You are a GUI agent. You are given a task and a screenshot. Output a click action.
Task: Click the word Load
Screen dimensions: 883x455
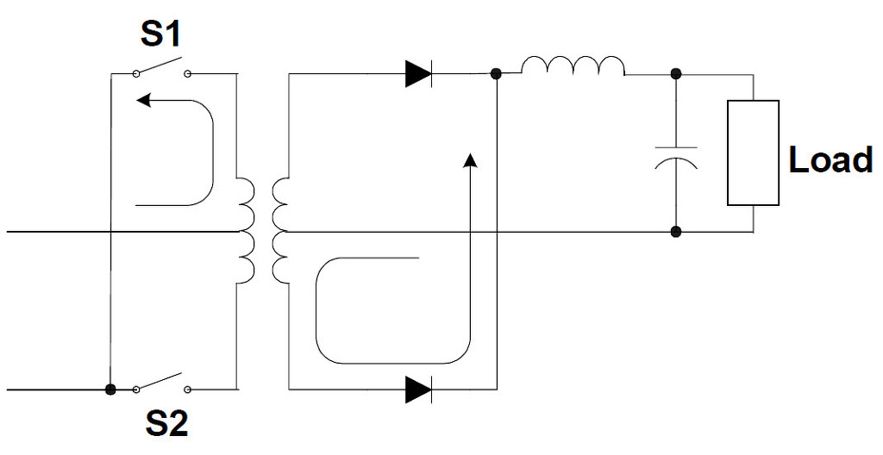[830, 159]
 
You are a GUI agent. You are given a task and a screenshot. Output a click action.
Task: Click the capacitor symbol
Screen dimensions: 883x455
[676, 158]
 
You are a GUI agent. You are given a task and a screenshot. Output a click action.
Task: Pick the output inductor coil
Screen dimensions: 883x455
[573, 65]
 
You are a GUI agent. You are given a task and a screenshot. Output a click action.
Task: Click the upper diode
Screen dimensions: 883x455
[418, 73]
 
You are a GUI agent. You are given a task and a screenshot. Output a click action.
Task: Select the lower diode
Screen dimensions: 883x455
[418, 390]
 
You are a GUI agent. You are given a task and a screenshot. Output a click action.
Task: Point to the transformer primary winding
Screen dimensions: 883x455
[246, 231]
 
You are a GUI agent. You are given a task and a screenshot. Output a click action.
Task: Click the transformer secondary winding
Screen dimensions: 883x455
[280, 231]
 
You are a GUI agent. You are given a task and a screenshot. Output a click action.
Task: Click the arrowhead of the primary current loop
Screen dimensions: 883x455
[144, 100]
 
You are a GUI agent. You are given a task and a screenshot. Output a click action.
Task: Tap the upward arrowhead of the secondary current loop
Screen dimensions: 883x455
[470, 159]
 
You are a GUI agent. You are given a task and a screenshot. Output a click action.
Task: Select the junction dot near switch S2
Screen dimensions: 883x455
[110, 390]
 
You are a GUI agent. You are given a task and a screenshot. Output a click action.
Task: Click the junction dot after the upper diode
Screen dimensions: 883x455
[496, 73]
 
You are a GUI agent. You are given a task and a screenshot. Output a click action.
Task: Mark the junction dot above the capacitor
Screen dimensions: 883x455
[676, 73]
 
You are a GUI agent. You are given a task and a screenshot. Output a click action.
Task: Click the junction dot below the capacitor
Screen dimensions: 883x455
[676, 232]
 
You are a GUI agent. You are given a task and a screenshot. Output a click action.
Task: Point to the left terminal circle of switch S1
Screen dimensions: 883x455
[135, 73]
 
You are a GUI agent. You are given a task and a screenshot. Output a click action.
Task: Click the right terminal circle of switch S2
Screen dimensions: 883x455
[187, 390]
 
